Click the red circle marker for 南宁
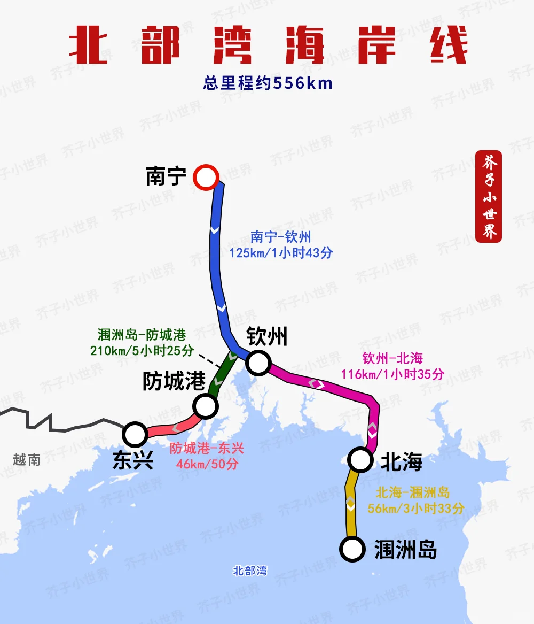tap(207, 177)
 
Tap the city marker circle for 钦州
tap(258, 363)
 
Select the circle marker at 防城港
tap(206, 406)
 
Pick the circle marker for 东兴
tap(135, 434)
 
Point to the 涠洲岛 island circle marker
tap(352, 549)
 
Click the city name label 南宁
tap(166, 176)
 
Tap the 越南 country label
tap(27, 460)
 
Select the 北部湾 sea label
tap(250, 571)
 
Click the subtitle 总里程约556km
tap(268, 83)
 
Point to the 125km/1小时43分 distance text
tap(281, 252)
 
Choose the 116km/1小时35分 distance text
tap(392, 374)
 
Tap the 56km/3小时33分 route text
tap(416, 509)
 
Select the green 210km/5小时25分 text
tap(142, 351)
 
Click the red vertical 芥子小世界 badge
tap(489, 197)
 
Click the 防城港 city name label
tap(174, 381)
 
